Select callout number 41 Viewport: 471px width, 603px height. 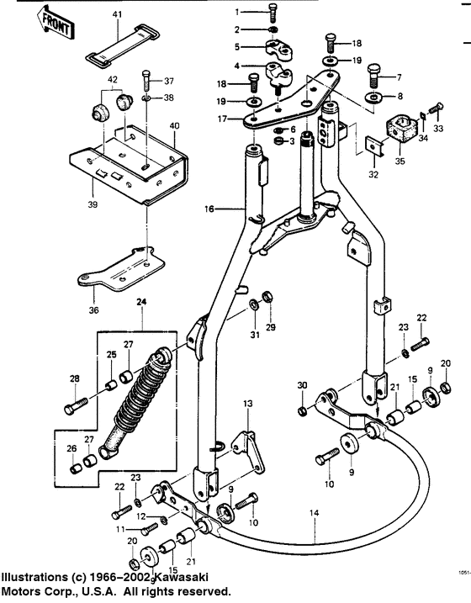(117, 15)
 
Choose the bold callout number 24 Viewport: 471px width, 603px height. (141, 302)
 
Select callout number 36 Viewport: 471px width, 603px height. (92, 309)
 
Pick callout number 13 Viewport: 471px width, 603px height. (248, 405)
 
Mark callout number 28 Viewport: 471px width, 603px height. (75, 378)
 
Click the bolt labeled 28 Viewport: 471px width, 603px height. (74, 409)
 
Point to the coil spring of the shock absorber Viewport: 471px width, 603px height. (138, 400)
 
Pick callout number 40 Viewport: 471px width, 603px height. (174, 126)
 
